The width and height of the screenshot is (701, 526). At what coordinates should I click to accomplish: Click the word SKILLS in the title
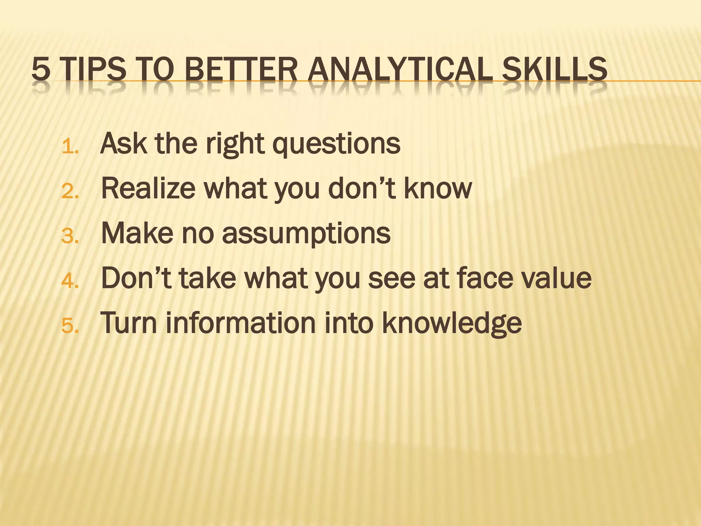tap(554, 69)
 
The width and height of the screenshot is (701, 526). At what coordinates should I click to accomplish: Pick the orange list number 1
tap(70, 147)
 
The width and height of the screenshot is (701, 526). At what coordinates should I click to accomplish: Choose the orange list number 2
tap(70, 192)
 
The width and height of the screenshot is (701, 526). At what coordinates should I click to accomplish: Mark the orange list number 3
tap(70, 237)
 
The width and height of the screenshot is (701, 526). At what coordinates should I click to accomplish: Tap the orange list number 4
tap(70, 281)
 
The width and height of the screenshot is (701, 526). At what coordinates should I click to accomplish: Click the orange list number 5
tap(70, 326)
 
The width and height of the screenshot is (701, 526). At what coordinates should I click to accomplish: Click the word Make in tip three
tap(137, 233)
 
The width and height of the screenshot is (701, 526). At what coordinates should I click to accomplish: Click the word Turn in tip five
tap(129, 323)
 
